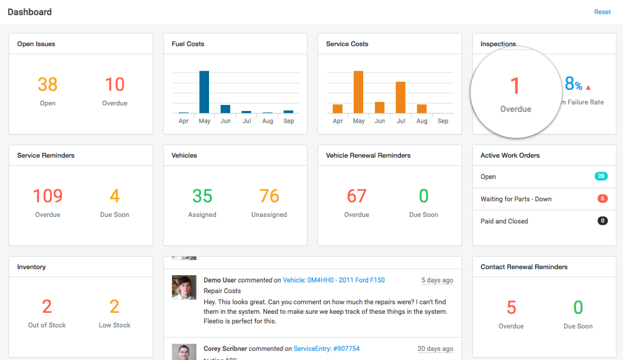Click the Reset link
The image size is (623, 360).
[x=602, y=12]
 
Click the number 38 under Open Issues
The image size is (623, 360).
[x=48, y=85]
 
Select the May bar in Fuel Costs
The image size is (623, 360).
[x=204, y=92]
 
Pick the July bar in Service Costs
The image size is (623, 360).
[x=400, y=97]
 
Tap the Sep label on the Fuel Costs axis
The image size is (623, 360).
[x=288, y=121]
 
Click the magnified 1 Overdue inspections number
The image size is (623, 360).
[x=515, y=86]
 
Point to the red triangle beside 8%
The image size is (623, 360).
[x=588, y=87]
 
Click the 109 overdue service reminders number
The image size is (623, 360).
[x=48, y=196]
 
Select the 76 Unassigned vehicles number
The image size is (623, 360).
[x=269, y=196]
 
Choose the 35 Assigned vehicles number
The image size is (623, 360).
[x=202, y=196]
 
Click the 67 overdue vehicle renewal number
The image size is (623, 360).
[x=356, y=196]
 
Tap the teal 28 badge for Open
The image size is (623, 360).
[x=601, y=176]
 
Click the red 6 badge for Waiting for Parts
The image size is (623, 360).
[x=602, y=198]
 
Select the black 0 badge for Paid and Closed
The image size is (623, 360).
[x=602, y=220]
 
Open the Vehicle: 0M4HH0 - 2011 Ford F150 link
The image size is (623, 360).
[x=334, y=280]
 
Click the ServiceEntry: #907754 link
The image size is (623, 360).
[x=327, y=348]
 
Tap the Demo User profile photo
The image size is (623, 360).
[x=184, y=287]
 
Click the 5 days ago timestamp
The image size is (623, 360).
[x=437, y=280]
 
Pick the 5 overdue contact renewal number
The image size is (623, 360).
[x=511, y=307]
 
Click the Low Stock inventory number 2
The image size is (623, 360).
[x=115, y=306]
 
